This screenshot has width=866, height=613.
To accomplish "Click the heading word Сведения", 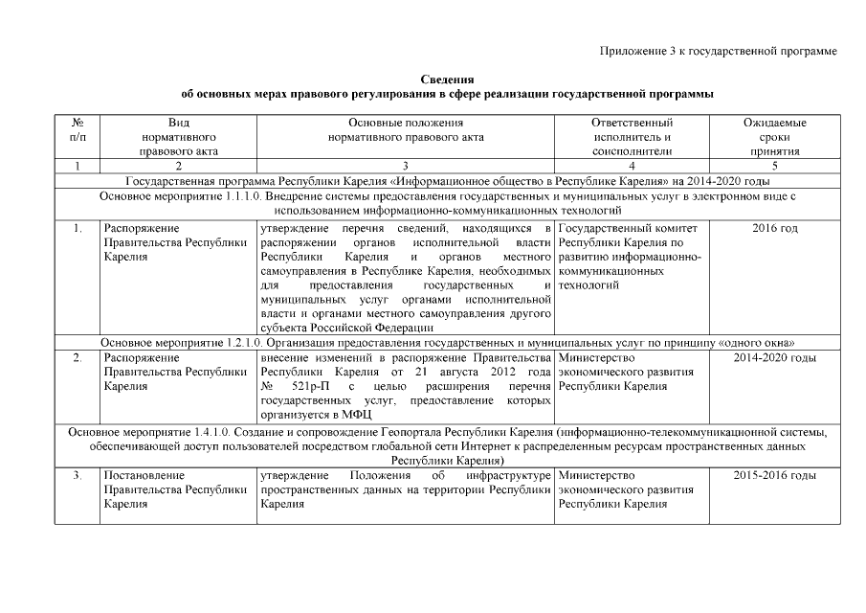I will coord(447,79).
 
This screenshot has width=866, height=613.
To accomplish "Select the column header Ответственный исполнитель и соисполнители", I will coord(631,137).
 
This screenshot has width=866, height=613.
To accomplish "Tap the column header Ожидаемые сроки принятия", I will coord(774,137).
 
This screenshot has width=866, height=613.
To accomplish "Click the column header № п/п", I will coord(78,130).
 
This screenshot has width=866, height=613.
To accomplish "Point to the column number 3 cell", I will coord(406,166).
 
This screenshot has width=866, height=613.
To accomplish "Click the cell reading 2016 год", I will coord(775,228).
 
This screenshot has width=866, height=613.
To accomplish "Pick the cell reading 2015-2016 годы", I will coord(775,475).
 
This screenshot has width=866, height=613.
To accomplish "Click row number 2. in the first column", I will coord(78,357).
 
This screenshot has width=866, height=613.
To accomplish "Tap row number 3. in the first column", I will coord(78,475).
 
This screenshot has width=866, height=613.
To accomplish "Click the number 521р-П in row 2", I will coord(312,386).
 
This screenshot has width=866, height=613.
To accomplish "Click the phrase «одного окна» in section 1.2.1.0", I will coord(767,343).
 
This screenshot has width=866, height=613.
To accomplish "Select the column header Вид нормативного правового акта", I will coord(178,137).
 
